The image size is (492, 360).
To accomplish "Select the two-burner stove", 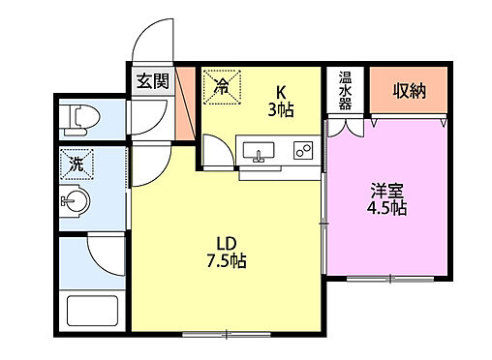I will pyautogui.click(x=301, y=152).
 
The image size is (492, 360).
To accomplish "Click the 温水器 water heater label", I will pyautogui.click(x=344, y=92).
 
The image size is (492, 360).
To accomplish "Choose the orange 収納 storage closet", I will pyautogui.click(x=408, y=90).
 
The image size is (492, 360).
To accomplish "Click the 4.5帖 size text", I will pyautogui.click(x=385, y=208).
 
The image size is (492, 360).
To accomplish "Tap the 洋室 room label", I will pyautogui.click(x=385, y=189).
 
